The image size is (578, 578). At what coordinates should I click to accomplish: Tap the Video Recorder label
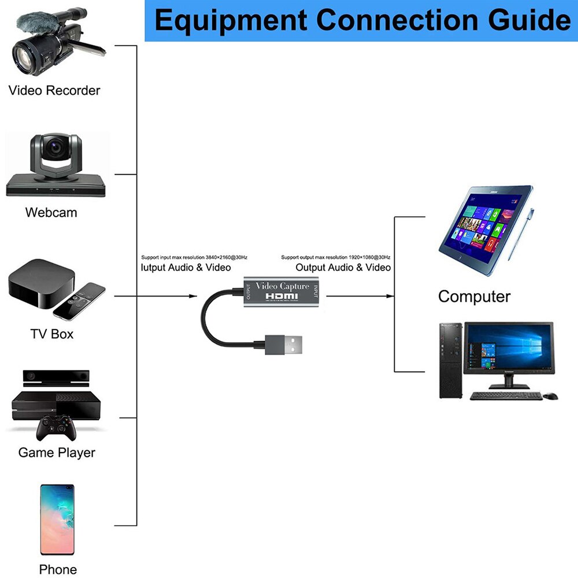coord(54,90)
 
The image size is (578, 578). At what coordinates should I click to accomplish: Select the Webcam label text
coord(51,212)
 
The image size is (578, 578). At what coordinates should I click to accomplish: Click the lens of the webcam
coord(55,148)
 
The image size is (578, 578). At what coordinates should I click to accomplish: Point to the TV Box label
coord(52,334)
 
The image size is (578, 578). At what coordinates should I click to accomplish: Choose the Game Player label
coord(57,452)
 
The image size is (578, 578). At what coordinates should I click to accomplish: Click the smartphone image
coord(57,519)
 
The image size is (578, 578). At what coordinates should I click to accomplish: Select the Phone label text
coord(58,569)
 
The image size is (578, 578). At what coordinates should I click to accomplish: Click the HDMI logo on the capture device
coord(282,297)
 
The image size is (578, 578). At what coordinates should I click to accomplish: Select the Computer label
coord(474,297)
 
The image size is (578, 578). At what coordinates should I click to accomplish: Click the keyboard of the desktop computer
coord(506,396)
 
